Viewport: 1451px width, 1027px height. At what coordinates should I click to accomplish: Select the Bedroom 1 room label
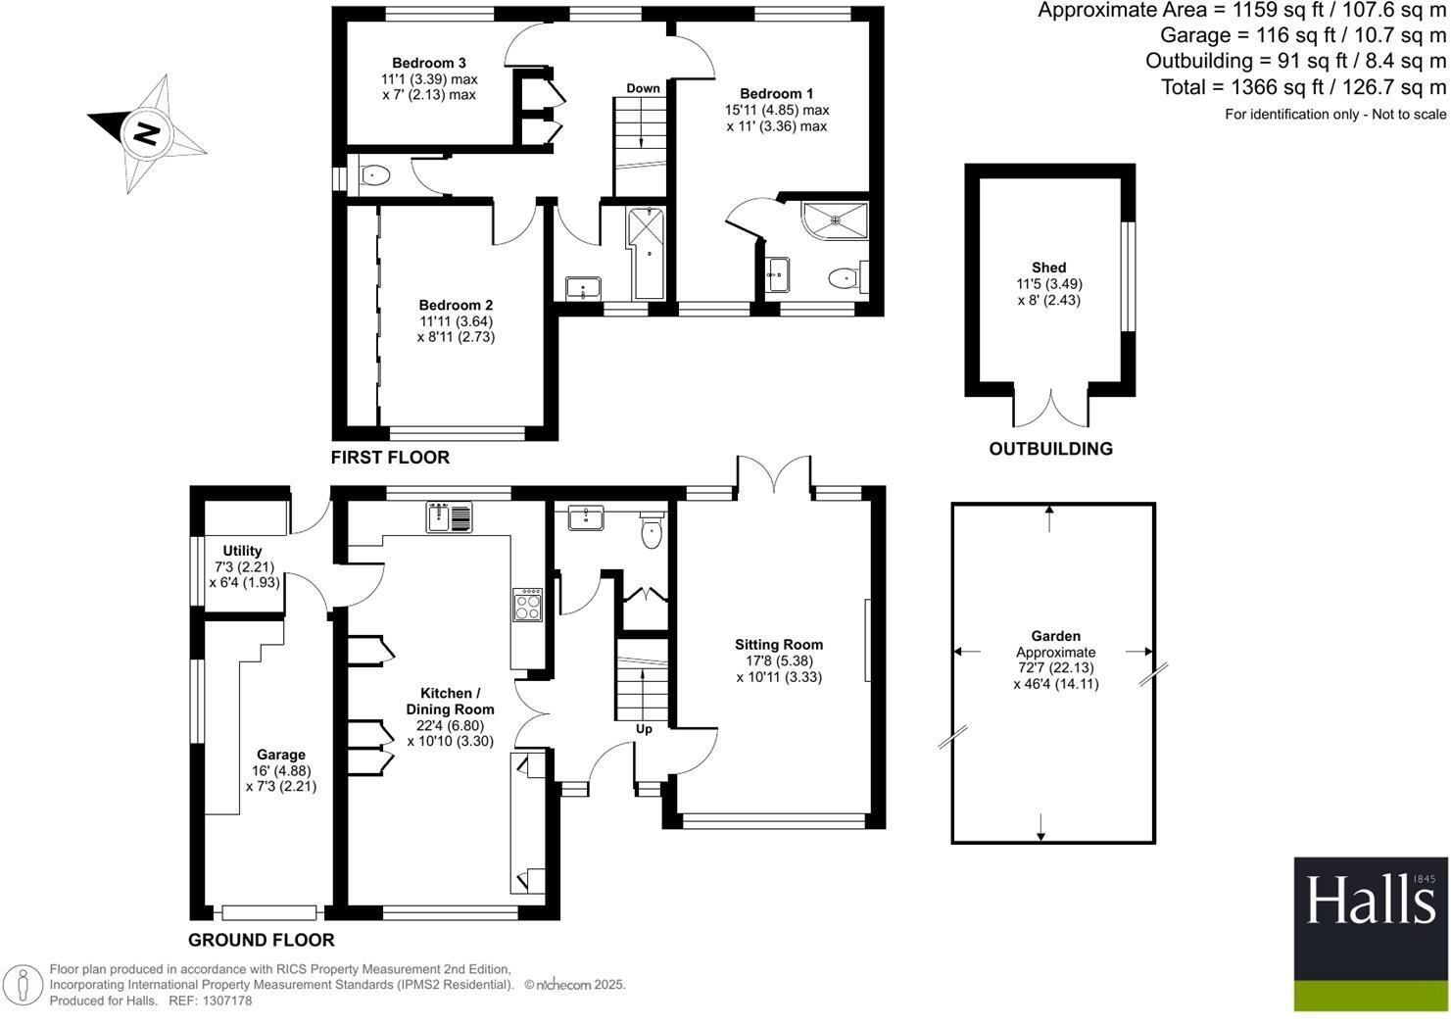click(x=777, y=94)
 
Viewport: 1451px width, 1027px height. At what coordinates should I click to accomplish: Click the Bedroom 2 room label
click(x=456, y=305)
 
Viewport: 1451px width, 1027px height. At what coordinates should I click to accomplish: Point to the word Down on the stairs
click(x=643, y=88)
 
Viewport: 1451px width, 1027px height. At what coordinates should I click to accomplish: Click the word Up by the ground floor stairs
click(x=645, y=729)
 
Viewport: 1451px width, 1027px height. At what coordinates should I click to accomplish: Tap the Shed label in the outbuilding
click(x=1048, y=268)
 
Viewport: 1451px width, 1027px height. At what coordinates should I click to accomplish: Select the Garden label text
click(x=1055, y=636)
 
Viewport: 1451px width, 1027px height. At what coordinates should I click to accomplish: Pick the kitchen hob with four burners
click(x=527, y=605)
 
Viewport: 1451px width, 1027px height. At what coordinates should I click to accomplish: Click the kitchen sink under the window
click(x=449, y=516)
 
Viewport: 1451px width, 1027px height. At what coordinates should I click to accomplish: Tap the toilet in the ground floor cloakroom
click(x=652, y=532)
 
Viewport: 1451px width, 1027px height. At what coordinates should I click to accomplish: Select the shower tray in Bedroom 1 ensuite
click(x=835, y=221)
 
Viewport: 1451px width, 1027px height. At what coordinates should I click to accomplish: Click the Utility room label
click(x=242, y=551)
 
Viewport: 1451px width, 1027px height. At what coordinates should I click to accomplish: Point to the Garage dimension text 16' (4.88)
click(x=281, y=770)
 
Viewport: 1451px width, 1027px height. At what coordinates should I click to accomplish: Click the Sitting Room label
click(x=779, y=645)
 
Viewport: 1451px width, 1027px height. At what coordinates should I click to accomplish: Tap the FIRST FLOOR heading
click(x=390, y=458)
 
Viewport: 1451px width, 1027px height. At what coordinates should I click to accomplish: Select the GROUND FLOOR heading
click(x=261, y=940)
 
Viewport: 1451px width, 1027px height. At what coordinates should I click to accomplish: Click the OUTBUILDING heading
click(x=1050, y=449)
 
